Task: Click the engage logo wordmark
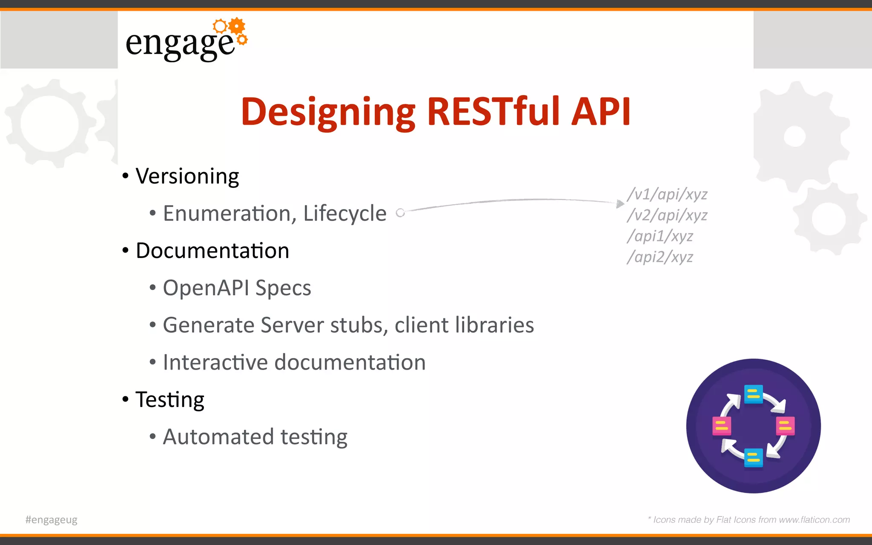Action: tap(181, 44)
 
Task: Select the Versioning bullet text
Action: tap(187, 177)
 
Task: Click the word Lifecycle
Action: tap(344, 213)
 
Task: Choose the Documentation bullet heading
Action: tap(212, 251)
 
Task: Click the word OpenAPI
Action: tap(206, 288)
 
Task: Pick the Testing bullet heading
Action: tap(170, 400)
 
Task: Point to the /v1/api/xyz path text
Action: tap(667, 195)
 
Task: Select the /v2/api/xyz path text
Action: tap(667, 215)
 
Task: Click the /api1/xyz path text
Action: tap(660, 236)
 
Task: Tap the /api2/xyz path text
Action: tap(660, 257)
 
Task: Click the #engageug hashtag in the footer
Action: tap(52, 520)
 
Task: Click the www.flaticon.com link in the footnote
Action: tap(814, 520)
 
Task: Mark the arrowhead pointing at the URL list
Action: tap(620, 204)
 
